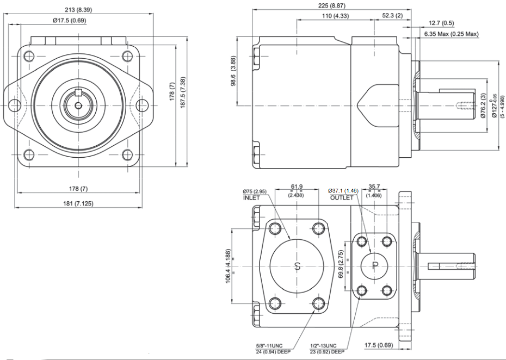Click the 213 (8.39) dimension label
coord(78,10)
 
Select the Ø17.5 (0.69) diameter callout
coord(69,21)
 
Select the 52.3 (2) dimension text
coord(392,16)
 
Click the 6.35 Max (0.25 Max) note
coord(451,34)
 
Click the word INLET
coord(252,198)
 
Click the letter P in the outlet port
coord(374,265)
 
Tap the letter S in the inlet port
coord(297,265)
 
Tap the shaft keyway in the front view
coord(78,90)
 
